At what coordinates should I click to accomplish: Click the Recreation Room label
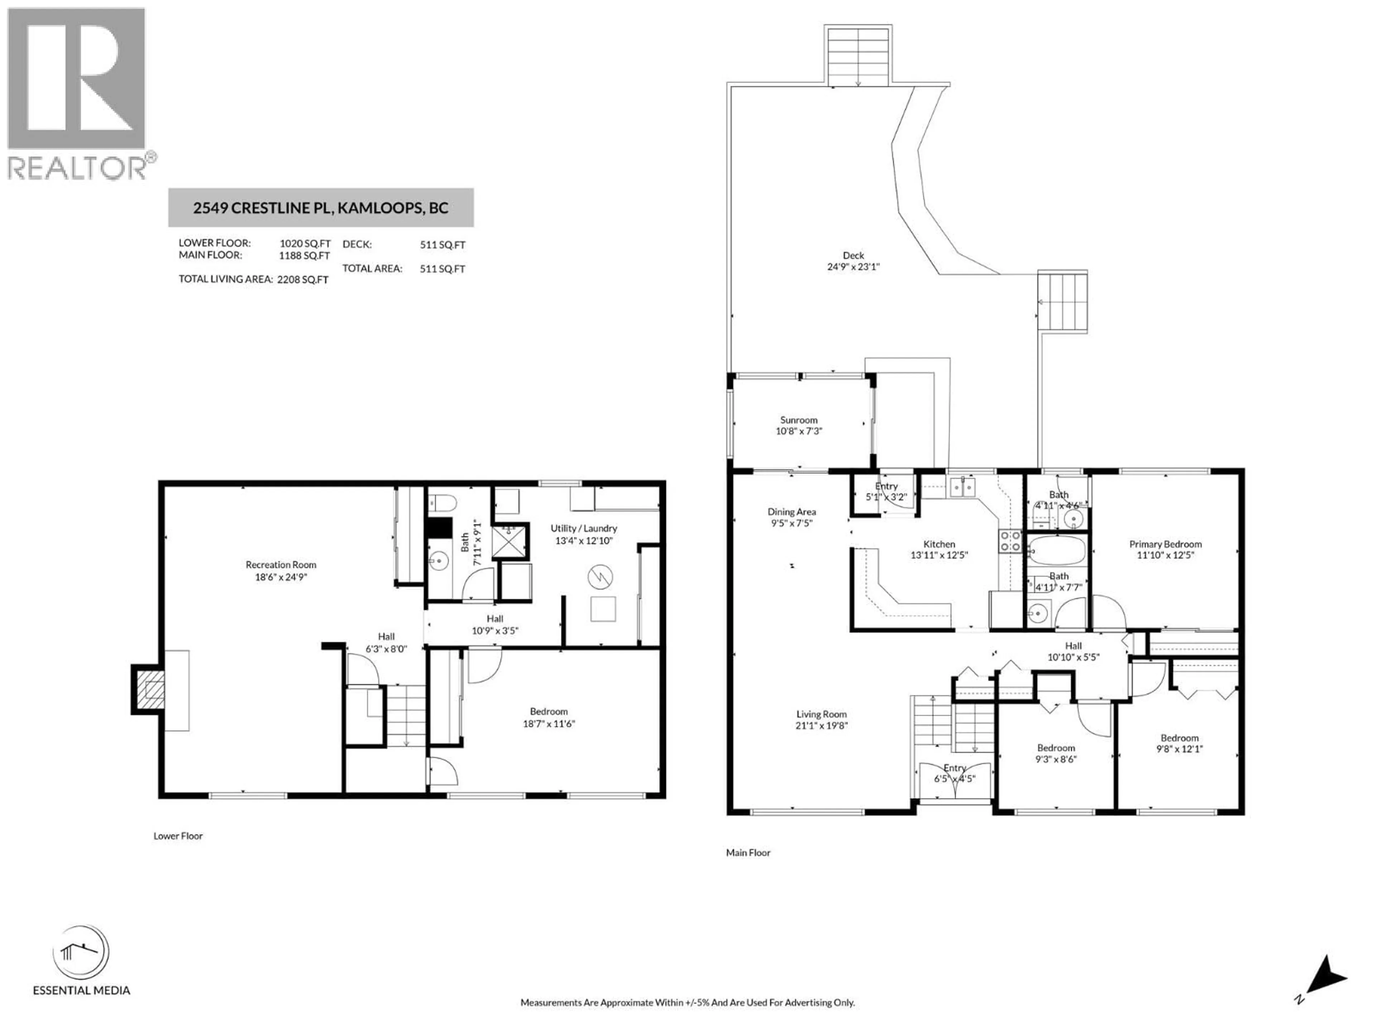point(281,564)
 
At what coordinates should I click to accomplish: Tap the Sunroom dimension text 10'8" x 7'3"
point(799,431)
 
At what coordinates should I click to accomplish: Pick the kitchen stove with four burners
point(1010,541)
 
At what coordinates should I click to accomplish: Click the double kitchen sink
point(962,488)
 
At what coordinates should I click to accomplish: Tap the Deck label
point(854,255)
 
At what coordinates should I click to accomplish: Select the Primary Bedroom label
point(1166,544)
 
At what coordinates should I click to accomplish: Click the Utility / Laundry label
point(584,528)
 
